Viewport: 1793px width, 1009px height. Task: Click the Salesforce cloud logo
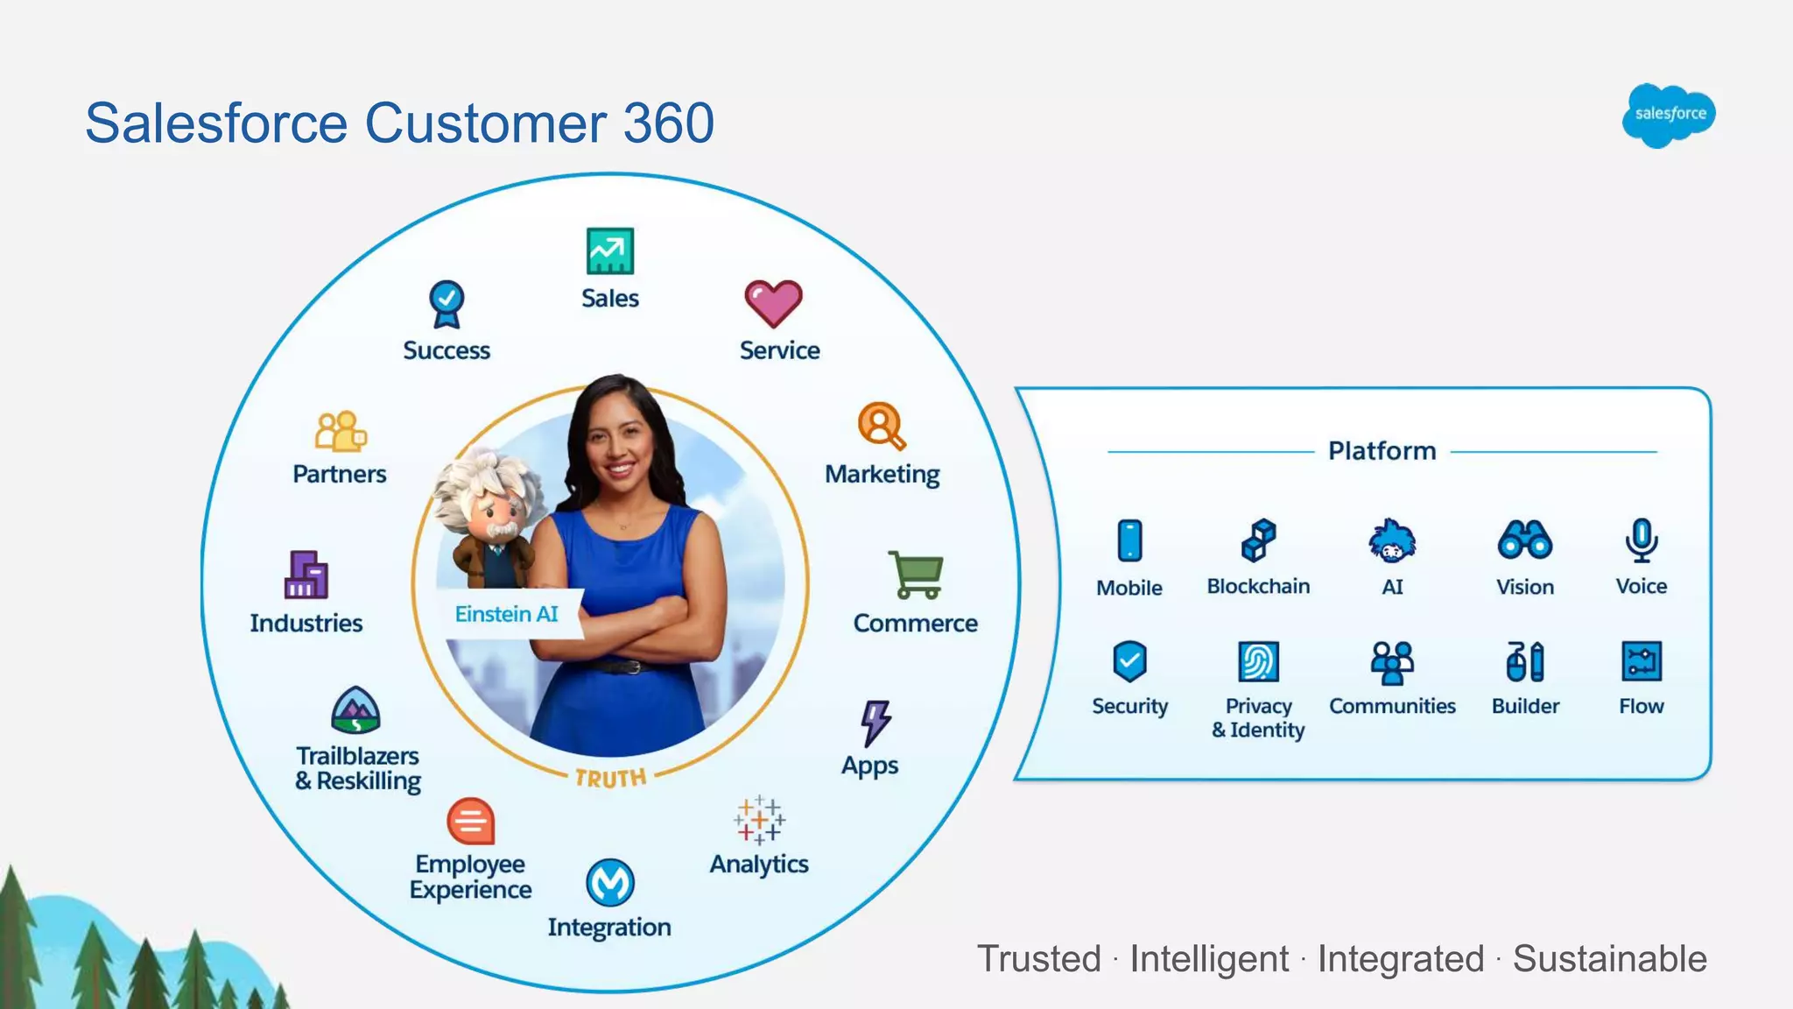coord(1669,115)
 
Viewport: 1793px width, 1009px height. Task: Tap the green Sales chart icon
coord(610,251)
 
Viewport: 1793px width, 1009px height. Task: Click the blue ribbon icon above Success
coord(446,304)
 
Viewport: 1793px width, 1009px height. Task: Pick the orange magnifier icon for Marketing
coord(882,427)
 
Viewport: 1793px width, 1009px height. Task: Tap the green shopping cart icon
coord(916,575)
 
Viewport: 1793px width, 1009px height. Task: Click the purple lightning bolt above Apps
coord(875,723)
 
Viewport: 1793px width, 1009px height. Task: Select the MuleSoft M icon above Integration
coord(610,882)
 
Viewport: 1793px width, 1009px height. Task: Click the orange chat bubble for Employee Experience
coord(471,822)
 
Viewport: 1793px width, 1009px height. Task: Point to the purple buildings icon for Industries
coord(306,575)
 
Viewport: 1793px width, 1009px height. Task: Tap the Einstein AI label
coord(506,614)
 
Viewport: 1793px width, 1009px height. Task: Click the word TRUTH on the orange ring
coord(610,778)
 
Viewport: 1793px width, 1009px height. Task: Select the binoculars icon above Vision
coord(1525,540)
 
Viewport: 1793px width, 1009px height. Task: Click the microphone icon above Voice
coord(1642,540)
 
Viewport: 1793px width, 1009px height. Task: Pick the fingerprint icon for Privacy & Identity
coord(1258,661)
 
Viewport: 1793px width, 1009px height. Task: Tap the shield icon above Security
coord(1129,661)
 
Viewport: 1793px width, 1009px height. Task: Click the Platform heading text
coord(1382,451)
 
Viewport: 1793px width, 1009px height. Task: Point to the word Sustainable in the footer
coord(1610,958)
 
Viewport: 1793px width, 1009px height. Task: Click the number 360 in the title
coord(669,123)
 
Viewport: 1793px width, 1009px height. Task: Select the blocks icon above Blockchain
coord(1258,540)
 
